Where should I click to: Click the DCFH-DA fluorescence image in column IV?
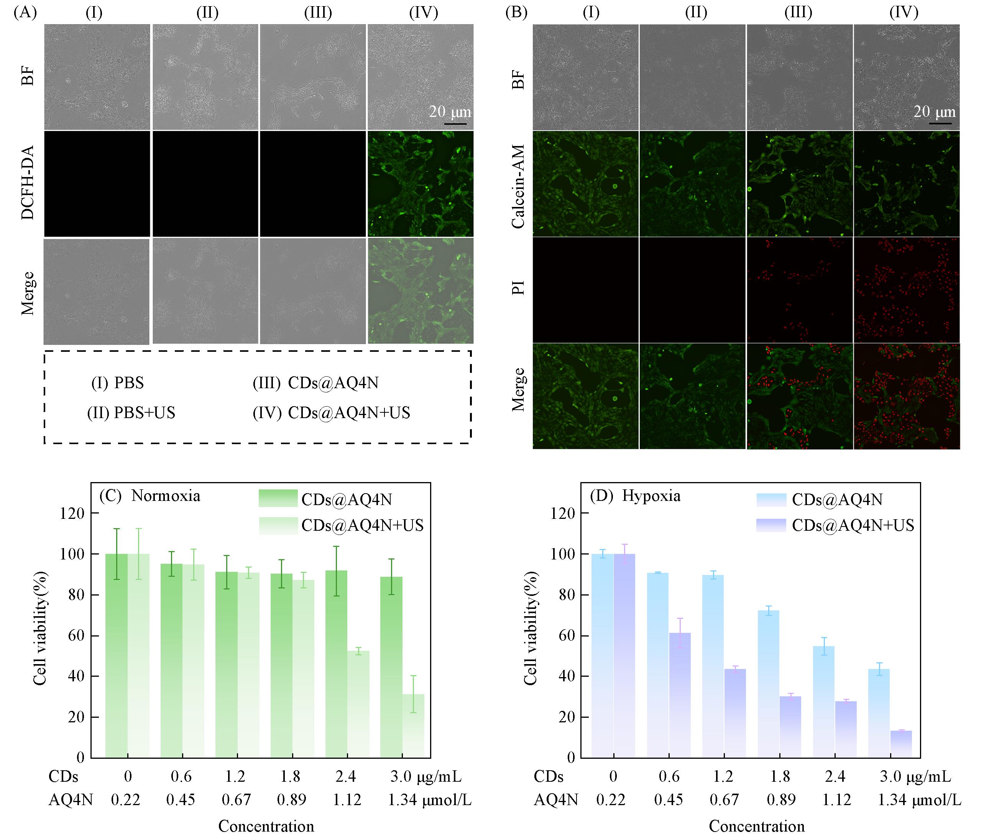tap(420, 184)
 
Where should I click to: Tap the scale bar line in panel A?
tap(455, 125)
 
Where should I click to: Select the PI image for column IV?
tap(906, 290)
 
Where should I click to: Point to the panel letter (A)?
tap(25, 12)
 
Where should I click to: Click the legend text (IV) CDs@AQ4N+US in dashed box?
tap(331, 413)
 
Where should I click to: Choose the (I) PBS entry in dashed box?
tap(117, 383)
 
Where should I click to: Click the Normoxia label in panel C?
tap(166, 496)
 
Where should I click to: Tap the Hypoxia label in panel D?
tap(651, 496)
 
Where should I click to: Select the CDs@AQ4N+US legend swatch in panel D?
tap(771, 525)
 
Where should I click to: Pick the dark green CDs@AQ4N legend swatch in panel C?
tap(278, 499)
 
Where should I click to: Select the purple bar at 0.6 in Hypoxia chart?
tap(680, 695)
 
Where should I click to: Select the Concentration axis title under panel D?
tap(757, 826)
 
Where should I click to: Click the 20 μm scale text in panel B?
tap(934, 112)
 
